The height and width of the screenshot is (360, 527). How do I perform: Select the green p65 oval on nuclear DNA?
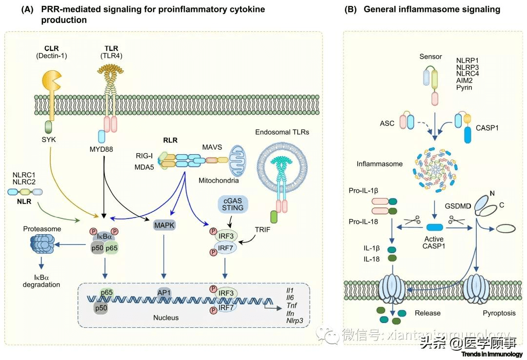click(107, 294)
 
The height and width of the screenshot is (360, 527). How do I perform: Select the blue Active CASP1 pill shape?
click(435, 227)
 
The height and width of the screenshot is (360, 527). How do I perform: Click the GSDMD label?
click(457, 205)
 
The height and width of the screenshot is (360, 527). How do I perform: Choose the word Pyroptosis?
click(495, 313)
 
